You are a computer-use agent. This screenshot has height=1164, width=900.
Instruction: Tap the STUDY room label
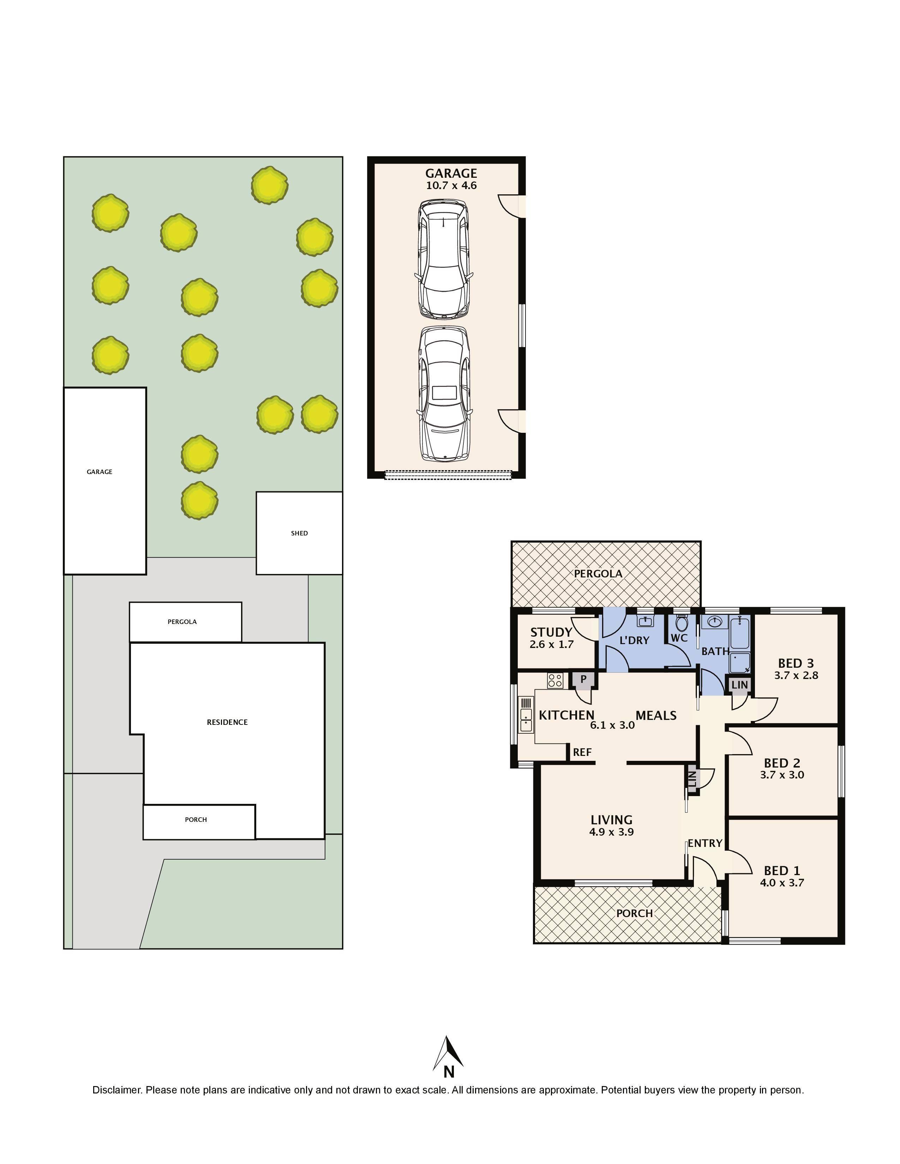(x=551, y=632)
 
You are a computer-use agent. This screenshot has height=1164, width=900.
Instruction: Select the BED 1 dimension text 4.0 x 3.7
(x=782, y=883)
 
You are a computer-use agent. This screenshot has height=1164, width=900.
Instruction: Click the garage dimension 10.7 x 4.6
(x=451, y=186)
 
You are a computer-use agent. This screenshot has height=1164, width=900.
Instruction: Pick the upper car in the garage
(x=443, y=259)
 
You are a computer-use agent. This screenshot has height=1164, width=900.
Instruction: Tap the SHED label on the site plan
(x=299, y=533)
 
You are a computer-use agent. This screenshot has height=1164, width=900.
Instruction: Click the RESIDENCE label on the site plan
(x=227, y=722)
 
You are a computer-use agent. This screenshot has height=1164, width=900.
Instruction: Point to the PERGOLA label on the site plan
(x=182, y=622)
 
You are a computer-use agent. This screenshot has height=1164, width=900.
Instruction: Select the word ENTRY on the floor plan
(x=704, y=843)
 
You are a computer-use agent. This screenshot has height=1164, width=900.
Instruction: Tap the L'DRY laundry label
(x=634, y=640)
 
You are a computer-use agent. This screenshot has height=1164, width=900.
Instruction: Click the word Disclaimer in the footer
(x=116, y=1090)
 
